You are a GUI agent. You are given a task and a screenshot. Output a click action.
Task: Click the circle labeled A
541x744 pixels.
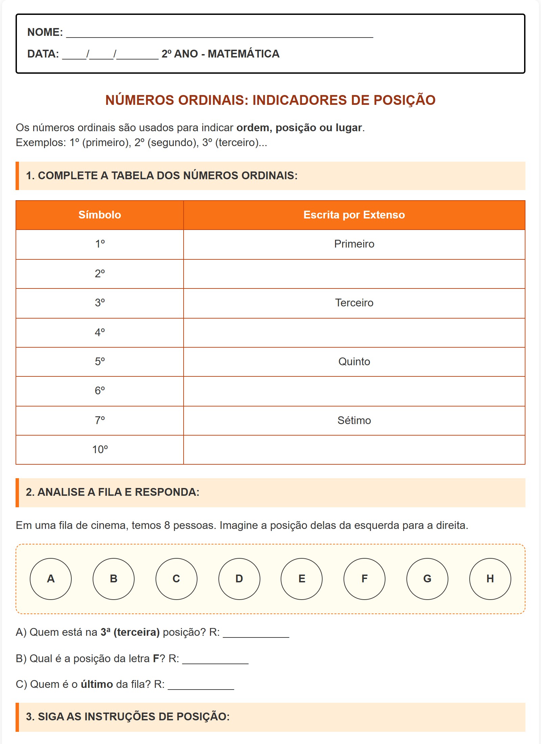51,579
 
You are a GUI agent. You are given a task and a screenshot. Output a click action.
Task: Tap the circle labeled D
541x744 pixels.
239,579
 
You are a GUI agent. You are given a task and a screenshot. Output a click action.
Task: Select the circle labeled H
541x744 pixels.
490,579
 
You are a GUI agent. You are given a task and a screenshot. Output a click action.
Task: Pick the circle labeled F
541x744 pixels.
364,579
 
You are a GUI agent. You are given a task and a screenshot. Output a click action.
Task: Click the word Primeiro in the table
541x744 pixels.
354,244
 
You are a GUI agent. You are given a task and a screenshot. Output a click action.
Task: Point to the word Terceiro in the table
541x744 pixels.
354,303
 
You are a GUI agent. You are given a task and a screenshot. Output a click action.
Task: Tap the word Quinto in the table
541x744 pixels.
354,362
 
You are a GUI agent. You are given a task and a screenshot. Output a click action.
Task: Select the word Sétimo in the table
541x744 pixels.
354,420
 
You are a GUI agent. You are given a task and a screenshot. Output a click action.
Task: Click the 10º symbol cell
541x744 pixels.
100,449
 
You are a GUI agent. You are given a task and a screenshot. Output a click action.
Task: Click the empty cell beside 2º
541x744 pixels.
354,274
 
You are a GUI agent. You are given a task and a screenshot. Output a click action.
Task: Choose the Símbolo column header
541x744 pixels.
100,215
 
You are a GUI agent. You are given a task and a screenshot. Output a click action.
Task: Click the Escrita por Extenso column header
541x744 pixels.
354,215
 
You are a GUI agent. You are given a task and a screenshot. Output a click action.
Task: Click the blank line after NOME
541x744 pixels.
220,34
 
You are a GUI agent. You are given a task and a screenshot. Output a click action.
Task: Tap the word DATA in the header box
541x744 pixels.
43,54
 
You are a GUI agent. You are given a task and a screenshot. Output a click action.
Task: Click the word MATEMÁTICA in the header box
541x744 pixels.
243,54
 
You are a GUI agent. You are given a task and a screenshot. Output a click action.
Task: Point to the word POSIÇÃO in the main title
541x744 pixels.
404,100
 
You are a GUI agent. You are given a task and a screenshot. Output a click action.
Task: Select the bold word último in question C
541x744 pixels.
97,684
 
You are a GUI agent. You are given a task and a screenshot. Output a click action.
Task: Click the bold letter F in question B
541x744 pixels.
156,658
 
